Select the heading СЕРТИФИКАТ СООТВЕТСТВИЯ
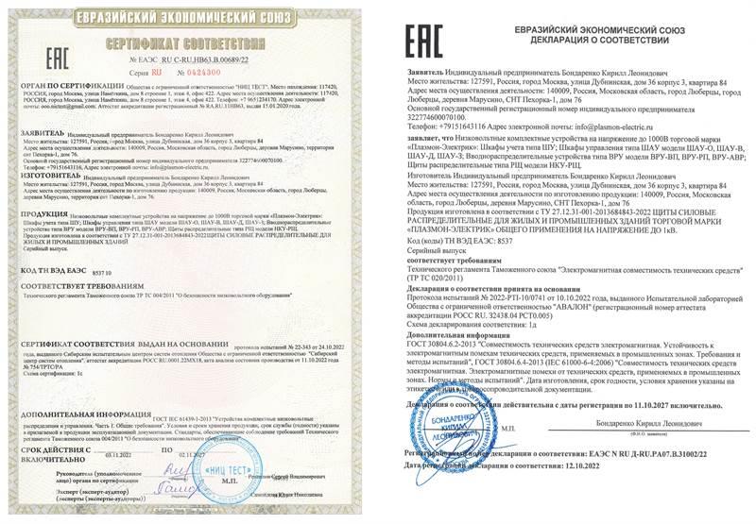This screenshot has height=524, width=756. tap(190, 44)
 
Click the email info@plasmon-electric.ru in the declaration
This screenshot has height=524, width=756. tap(625, 126)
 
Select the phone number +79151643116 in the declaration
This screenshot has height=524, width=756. tap(462, 126)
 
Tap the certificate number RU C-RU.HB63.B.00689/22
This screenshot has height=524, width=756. tap(209, 59)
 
